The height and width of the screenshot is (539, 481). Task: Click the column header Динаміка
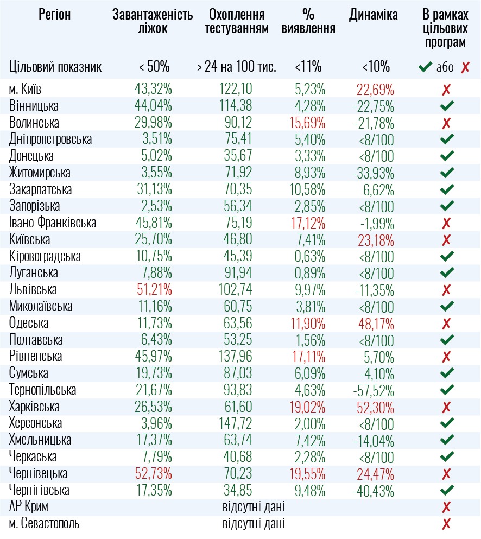point(374,15)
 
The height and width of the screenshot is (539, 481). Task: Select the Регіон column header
point(55,15)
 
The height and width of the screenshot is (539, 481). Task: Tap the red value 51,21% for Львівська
point(154,290)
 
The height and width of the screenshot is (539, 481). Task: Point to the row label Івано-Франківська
point(53,223)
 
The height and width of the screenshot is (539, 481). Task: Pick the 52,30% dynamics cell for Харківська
point(376,407)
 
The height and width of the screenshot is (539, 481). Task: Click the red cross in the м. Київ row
point(447,90)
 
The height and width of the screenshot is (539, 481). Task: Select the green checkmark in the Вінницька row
point(447,106)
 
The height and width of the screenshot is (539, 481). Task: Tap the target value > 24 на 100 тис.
point(237,67)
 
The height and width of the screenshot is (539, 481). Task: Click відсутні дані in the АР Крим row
point(254,508)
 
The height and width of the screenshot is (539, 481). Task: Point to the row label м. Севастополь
point(44,524)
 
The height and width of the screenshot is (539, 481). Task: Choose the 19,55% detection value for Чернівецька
point(308,474)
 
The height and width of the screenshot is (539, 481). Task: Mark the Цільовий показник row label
point(55,67)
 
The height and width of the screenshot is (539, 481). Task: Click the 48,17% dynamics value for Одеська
point(376,324)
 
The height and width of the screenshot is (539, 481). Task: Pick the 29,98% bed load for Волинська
point(154,123)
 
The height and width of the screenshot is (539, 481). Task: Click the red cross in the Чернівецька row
point(447,474)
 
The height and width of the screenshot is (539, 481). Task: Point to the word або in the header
point(445,68)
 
